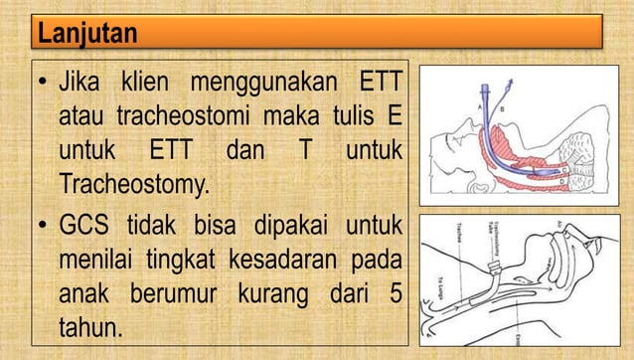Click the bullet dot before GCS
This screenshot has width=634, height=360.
coord(45,221)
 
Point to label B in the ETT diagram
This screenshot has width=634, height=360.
coord(502,105)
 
